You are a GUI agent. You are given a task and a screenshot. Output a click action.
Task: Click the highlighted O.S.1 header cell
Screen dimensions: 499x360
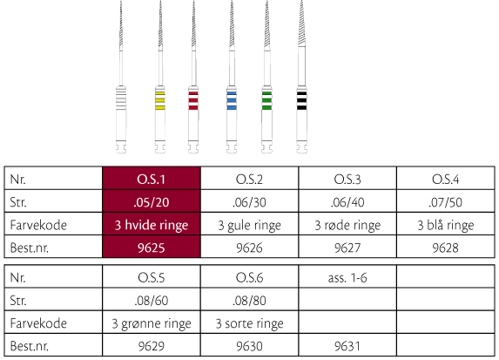click(152, 179)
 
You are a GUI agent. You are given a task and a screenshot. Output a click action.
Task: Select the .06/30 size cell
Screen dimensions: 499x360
click(249, 202)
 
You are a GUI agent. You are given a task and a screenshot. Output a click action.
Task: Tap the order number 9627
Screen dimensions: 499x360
click(347, 248)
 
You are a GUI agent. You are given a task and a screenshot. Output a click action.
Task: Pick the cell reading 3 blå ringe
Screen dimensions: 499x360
click(446, 225)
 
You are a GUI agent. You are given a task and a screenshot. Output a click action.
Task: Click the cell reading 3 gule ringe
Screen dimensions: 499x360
click(249, 225)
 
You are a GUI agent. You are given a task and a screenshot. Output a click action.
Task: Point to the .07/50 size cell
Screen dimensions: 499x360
click(446, 202)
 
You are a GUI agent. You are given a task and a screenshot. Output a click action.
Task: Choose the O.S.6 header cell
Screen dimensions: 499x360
click(249, 277)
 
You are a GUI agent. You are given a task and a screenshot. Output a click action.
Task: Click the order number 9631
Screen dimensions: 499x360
click(347, 346)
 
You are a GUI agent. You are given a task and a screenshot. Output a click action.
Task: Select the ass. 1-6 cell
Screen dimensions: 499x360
click(347, 277)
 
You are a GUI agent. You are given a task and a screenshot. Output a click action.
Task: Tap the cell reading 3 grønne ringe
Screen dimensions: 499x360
click(152, 323)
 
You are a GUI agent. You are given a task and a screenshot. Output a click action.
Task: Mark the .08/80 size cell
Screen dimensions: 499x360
click(249, 300)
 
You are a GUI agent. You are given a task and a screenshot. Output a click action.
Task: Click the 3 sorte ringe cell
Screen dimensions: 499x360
click(249, 323)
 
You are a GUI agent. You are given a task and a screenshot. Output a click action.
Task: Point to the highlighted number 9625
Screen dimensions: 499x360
click(152, 248)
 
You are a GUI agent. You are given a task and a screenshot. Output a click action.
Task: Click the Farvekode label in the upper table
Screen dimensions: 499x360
click(38, 225)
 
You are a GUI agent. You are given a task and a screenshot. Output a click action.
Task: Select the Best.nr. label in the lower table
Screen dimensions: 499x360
click(30, 346)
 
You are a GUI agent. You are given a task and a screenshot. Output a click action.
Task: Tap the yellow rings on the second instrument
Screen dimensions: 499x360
click(159, 100)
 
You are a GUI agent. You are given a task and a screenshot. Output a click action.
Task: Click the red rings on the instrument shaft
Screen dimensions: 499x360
click(193, 100)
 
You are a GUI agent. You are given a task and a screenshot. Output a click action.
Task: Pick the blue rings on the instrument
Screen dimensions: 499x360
click(232, 100)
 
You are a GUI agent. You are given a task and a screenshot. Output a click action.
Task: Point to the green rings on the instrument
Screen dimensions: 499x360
click(266, 100)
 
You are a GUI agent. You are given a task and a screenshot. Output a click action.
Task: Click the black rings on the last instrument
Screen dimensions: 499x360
click(301, 100)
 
